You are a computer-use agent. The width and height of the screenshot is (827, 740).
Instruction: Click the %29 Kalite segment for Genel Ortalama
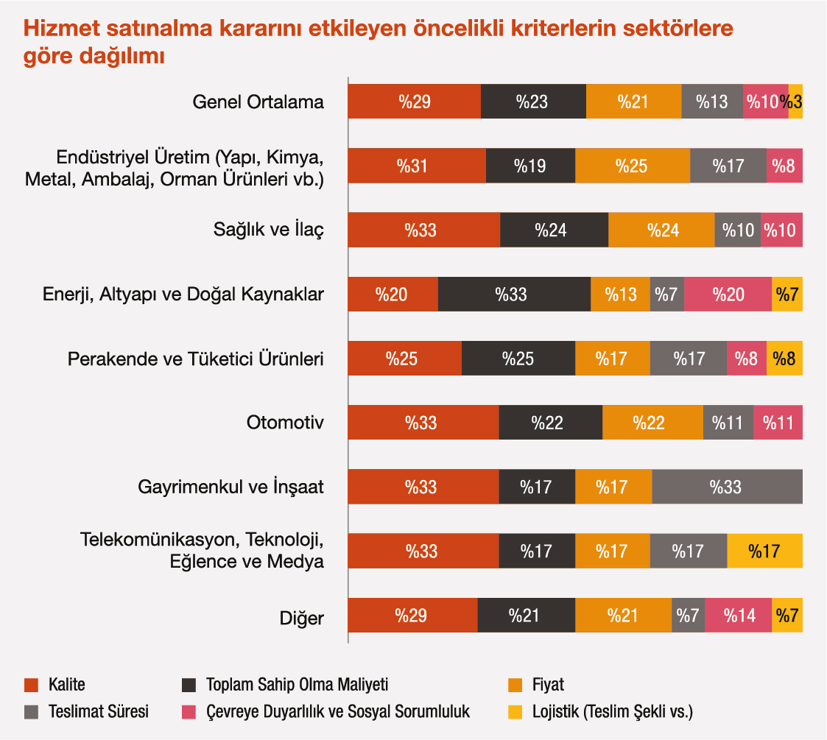click(x=414, y=102)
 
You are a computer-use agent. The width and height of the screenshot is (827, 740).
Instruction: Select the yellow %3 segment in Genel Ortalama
click(x=795, y=102)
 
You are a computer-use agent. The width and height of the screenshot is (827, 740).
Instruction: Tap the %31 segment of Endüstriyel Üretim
click(x=416, y=166)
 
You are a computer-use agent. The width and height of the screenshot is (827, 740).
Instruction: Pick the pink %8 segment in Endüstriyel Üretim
click(x=784, y=166)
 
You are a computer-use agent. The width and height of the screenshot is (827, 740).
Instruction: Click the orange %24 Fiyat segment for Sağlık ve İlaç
click(x=661, y=230)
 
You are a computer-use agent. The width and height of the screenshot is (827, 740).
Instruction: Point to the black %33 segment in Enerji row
click(x=514, y=294)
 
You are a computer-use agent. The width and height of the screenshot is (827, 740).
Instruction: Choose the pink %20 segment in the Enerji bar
click(x=728, y=294)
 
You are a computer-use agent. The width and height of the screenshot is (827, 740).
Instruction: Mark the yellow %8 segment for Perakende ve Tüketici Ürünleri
click(x=784, y=359)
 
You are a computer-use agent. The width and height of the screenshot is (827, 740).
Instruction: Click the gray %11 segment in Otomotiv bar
click(x=728, y=423)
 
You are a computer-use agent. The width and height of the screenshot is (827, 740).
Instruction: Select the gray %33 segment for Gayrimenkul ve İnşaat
click(x=727, y=487)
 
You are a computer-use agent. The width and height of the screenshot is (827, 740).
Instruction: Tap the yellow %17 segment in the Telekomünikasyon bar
click(x=764, y=551)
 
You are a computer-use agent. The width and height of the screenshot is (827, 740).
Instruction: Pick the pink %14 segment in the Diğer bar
click(x=738, y=615)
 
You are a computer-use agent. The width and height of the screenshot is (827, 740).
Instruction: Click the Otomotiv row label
click(x=285, y=423)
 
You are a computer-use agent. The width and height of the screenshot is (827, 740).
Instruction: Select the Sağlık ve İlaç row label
click(x=268, y=230)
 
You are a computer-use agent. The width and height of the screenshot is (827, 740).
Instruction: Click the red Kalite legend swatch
click(x=31, y=686)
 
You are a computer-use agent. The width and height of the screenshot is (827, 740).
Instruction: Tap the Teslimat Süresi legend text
click(x=98, y=712)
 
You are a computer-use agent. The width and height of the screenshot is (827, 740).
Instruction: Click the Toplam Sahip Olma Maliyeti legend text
click(x=297, y=686)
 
